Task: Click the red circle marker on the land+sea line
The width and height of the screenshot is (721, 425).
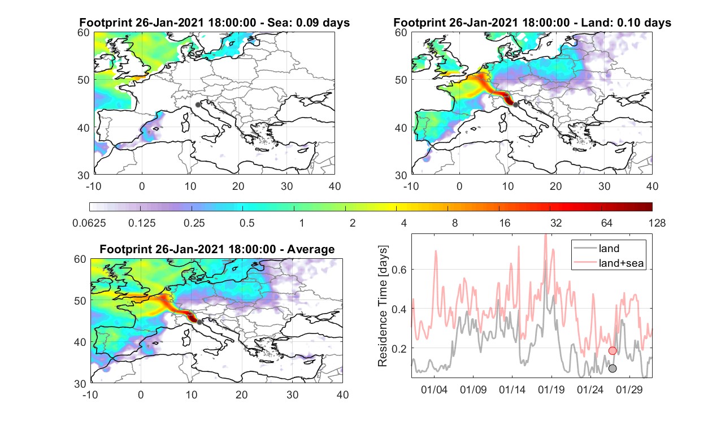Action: pyautogui.click(x=612, y=350)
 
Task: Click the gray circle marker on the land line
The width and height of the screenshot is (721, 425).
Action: pyautogui.click(x=612, y=368)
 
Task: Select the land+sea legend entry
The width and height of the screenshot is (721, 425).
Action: pyautogui.click(x=609, y=263)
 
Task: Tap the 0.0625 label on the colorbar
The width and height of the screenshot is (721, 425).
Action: pyautogui.click(x=89, y=223)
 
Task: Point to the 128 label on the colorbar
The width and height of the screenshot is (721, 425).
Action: pyautogui.click(x=657, y=223)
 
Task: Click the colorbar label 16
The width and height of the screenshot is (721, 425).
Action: pyautogui.click(x=505, y=223)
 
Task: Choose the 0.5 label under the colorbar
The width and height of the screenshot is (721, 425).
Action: pyautogui.click(x=247, y=223)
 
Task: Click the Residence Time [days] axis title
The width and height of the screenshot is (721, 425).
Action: pyautogui.click(x=383, y=306)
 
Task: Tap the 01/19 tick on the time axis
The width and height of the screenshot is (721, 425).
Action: pyautogui.click(x=551, y=390)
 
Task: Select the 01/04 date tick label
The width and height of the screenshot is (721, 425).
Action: pyautogui.click(x=434, y=390)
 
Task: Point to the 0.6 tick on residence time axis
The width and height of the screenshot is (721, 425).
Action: pyautogui.click(x=399, y=270)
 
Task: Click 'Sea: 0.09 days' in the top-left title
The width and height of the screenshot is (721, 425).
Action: pyautogui.click(x=309, y=23)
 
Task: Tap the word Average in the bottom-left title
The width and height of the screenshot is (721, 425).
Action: pyautogui.click(x=311, y=250)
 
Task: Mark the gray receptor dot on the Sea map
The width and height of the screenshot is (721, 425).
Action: pyautogui.click(x=198, y=105)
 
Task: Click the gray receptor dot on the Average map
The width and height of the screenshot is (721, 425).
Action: pyautogui.click(x=199, y=322)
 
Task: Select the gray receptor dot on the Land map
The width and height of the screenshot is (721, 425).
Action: pyautogui.click(x=516, y=105)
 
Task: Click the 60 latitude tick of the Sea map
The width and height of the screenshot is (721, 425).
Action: pyautogui.click(x=83, y=33)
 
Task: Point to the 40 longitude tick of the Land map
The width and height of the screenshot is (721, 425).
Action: pyautogui.click(x=652, y=186)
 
